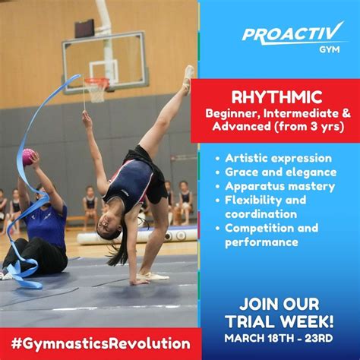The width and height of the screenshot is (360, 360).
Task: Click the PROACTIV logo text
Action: point(292,33)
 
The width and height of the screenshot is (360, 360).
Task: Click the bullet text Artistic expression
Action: point(279,158)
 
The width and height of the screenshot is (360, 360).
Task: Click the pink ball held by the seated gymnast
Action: point(29,156)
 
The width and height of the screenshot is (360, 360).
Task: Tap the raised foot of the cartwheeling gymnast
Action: point(188,74)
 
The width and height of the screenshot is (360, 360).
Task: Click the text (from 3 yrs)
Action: point(303,126)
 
